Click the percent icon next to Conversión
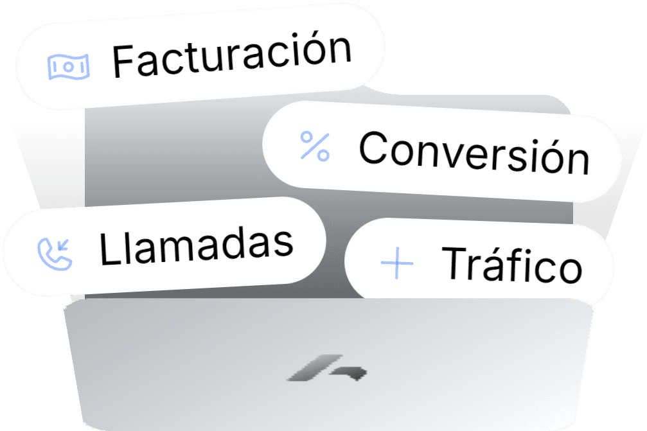pyautogui.click(x=315, y=146)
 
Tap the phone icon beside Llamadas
pyautogui.click(x=55, y=252)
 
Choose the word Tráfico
pyautogui.click(x=511, y=263)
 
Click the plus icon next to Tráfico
pyautogui.click(x=396, y=263)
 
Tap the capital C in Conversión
pyautogui.click(x=373, y=147)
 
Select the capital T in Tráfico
pyautogui.click(x=455, y=261)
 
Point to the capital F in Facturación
pyautogui.click(x=123, y=61)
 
